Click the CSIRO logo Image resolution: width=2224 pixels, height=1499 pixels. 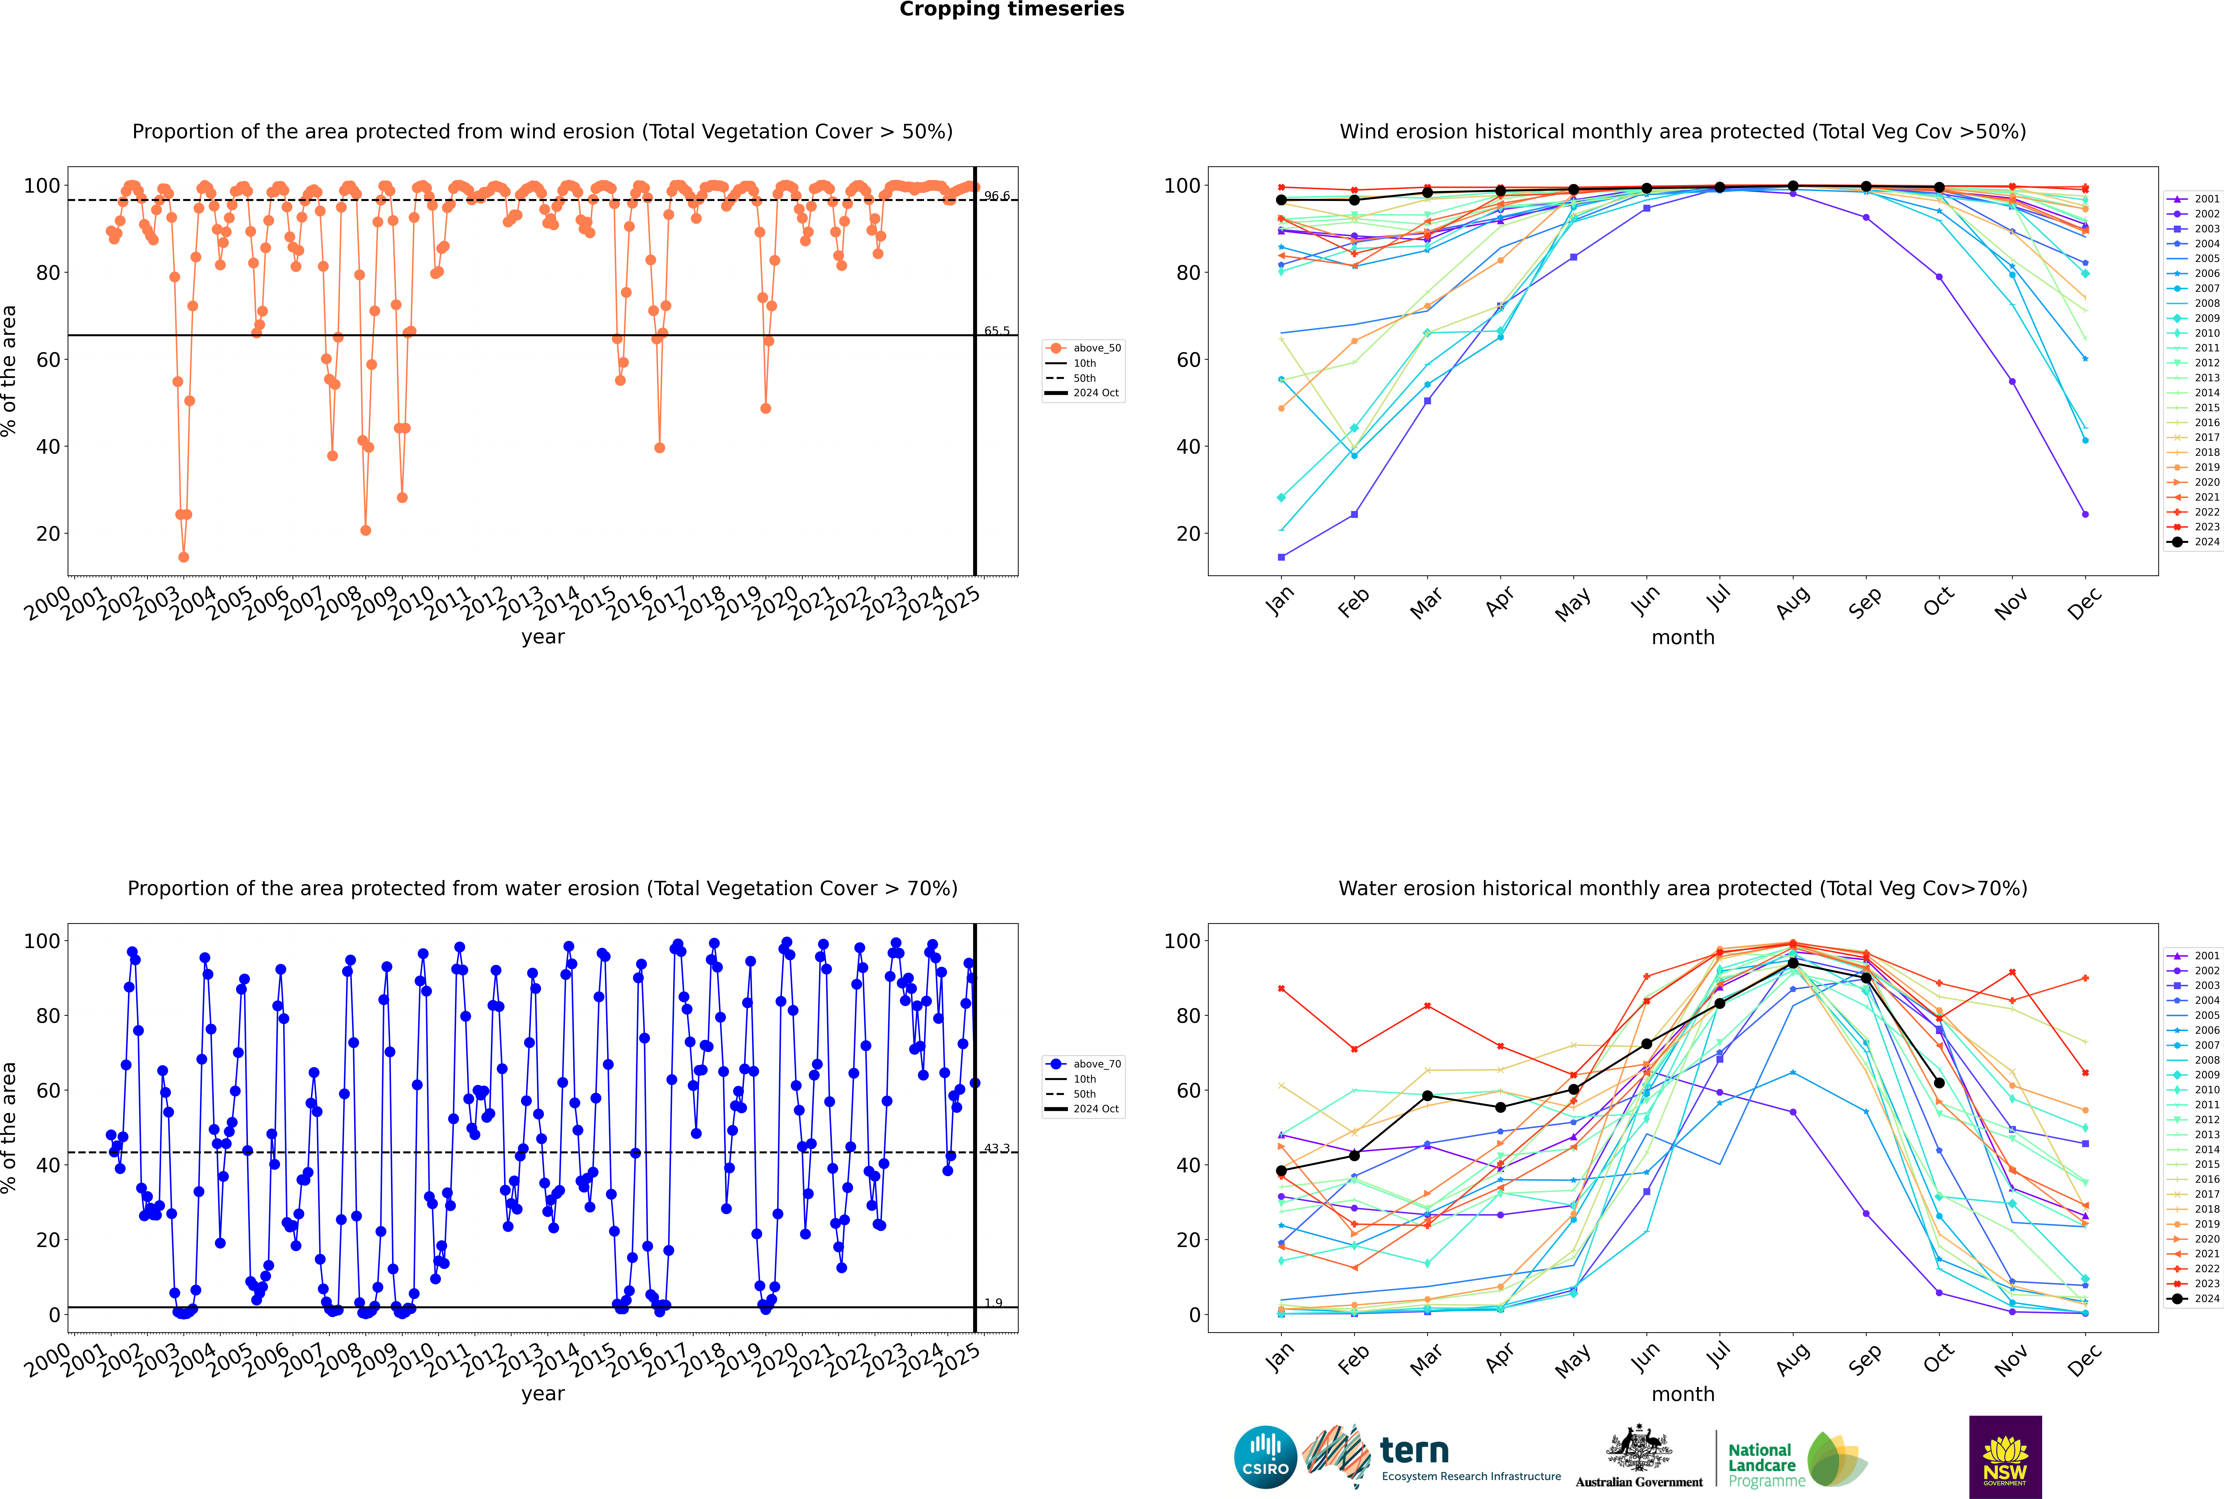point(1265,1457)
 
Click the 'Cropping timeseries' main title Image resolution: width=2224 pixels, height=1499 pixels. point(1012,9)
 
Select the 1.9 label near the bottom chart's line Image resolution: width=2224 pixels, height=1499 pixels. point(993,1303)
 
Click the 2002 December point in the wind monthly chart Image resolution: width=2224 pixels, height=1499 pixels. point(2085,514)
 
